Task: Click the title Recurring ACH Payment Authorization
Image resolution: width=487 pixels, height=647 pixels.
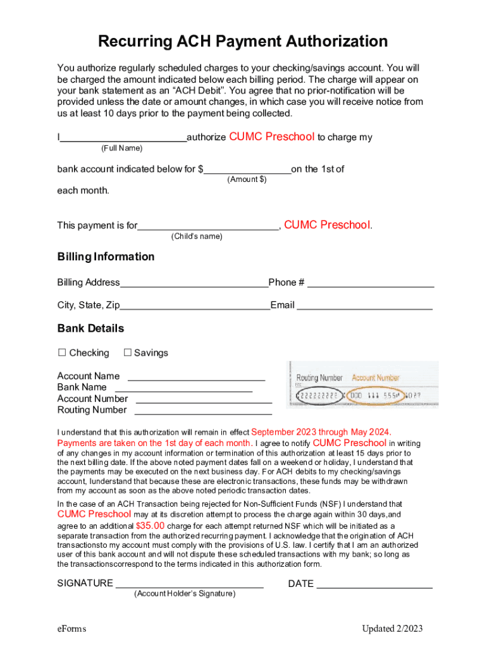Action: (243, 42)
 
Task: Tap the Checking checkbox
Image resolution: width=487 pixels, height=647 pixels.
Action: (62, 353)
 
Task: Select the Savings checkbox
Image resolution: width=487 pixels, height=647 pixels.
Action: (127, 353)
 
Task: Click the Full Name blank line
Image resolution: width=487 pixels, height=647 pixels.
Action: (123, 139)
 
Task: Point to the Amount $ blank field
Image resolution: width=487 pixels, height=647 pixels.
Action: (247, 171)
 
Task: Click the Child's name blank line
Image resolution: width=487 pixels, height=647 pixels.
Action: (208, 227)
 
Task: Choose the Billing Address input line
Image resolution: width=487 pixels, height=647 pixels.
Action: (194, 284)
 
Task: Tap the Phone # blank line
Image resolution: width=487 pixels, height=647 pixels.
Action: (371, 284)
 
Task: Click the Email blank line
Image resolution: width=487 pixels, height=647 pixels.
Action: (364, 307)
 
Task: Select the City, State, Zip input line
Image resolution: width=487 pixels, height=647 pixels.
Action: (195, 307)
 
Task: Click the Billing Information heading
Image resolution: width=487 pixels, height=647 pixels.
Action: (106, 257)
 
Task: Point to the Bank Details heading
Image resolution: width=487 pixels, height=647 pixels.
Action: (90, 329)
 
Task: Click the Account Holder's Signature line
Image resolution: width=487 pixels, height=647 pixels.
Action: (189, 585)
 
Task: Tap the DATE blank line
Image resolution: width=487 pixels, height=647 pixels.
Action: (374, 585)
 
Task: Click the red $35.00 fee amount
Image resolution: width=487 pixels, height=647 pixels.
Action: (151, 526)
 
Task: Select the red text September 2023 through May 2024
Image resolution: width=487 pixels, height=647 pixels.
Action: (321, 432)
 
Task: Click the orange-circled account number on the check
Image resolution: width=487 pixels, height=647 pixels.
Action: (374, 395)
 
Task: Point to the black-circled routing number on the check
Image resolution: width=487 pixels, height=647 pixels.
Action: (319, 396)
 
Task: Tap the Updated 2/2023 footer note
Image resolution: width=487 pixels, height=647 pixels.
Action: (392, 629)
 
